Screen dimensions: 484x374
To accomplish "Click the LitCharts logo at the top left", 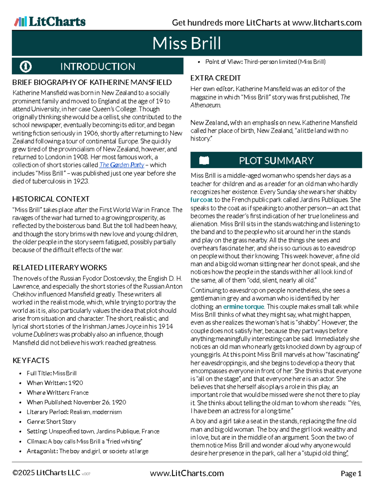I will tap(50, 22).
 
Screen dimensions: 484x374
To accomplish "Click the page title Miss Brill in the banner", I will tap(187, 43).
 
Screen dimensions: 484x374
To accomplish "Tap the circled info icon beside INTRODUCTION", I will tap(26, 66).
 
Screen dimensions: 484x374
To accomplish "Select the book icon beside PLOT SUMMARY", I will tap(204, 161).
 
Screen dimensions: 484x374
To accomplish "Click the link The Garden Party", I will tap(122, 165).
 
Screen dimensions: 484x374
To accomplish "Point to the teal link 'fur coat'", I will tap(201, 200).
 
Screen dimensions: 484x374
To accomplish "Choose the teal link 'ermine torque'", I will tap(243, 307).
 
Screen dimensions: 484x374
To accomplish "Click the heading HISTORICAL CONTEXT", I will tap(51, 199).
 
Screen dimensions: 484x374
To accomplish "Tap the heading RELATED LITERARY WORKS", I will tap(60, 267).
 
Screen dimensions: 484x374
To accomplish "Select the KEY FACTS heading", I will tap(31, 360).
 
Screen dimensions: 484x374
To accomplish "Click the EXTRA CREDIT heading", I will tap(216, 78).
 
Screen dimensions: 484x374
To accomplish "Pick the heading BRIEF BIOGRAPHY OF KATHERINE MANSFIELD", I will tap(92, 82).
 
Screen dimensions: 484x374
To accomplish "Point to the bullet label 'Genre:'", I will tap(36, 422).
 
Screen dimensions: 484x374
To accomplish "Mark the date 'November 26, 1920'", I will tap(100, 402).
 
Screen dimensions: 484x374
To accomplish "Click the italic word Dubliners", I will tap(46, 334).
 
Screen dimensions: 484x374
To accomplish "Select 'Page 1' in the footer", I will tap(351, 473).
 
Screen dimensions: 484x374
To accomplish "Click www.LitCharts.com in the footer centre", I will tap(187, 473).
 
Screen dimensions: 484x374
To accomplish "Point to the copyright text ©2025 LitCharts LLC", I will tap(46, 473).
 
